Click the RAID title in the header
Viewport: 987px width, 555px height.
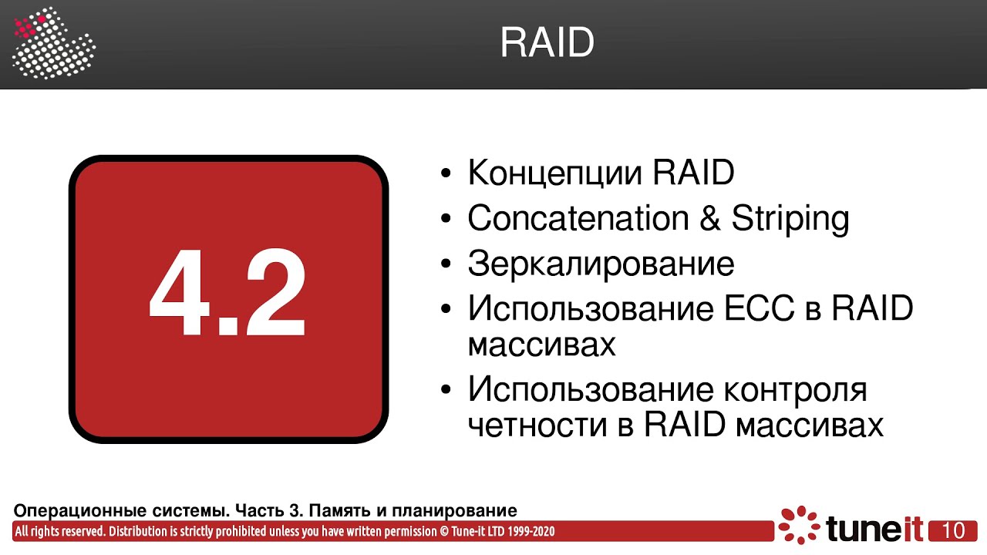click(547, 43)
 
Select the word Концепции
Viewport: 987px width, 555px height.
click(554, 173)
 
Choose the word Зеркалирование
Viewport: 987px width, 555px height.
click(601, 264)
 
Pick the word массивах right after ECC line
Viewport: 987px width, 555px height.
click(541, 345)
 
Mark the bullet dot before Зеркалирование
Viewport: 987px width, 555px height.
click(446, 264)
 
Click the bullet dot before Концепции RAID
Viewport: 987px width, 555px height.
click(446, 173)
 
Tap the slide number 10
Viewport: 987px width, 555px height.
click(953, 530)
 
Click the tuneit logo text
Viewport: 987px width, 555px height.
click(874, 530)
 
